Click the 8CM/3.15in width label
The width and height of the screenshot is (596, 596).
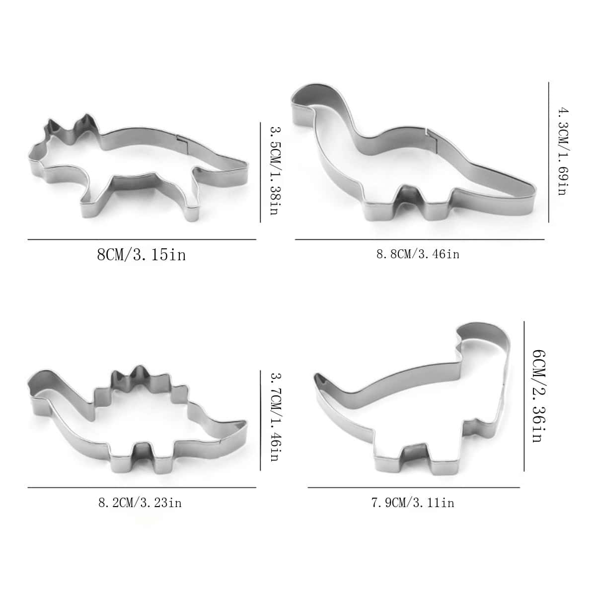[x=142, y=255]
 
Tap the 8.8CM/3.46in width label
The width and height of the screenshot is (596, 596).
[x=418, y=255]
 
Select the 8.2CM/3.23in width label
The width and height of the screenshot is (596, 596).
[x=140, y=503]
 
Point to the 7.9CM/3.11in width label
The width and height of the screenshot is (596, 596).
[x=413, y=503]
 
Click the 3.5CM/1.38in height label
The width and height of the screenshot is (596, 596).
[x=276, y=170]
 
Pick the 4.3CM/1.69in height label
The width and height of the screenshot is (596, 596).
[x=563, y=151]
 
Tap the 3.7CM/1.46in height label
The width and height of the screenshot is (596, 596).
[x=276, y=418]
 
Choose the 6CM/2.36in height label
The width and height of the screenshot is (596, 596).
[x=539, y=396]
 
